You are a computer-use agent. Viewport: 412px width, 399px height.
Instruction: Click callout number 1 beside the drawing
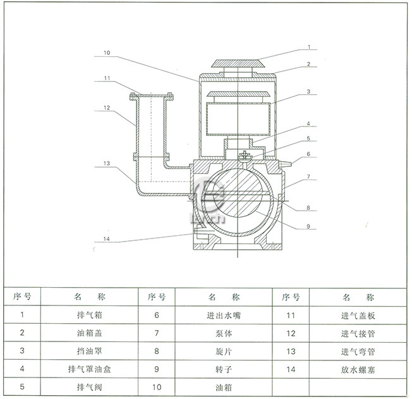click(309, 47)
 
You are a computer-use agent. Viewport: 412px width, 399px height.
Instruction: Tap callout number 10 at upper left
click(107, 53)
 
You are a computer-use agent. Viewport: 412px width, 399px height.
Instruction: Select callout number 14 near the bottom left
click(107, 239)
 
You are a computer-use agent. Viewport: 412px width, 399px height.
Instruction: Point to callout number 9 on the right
click(309, 225)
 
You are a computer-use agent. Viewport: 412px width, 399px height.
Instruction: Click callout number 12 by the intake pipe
click(107, 107)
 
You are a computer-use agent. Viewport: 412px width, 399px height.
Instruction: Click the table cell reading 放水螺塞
click(358, 368)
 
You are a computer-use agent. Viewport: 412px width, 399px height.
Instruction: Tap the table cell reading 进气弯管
click(358, 350)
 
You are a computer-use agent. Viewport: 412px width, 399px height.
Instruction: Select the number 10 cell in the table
click(157, 386)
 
